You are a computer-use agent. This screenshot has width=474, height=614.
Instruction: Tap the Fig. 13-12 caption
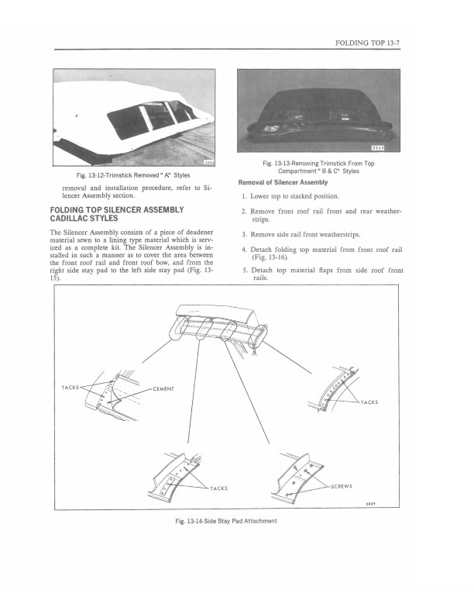[x=136, y=174]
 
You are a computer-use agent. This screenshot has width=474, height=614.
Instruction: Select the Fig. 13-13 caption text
[x=318, y=168]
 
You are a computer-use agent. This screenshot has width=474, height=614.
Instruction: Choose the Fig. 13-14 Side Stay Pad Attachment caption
[x=226, y=520]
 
